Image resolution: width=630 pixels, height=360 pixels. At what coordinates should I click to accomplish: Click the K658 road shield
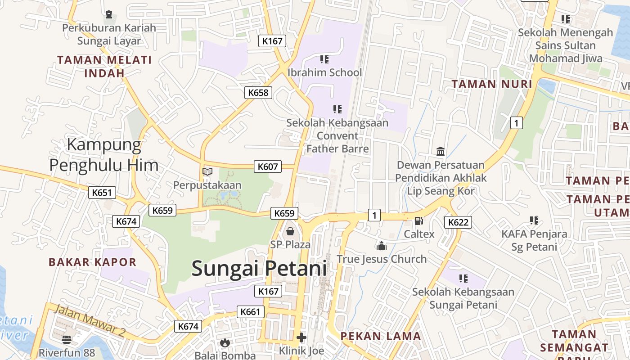[258, 93]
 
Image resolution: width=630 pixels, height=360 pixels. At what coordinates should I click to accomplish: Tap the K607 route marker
[268, 166]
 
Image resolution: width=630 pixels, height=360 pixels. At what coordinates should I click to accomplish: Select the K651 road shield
[102, 193]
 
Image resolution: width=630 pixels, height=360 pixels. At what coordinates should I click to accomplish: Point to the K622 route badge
[459, 222]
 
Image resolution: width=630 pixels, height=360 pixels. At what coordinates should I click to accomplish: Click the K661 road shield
[251, 311]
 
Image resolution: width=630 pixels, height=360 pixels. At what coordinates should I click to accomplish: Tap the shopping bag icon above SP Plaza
[291, 232]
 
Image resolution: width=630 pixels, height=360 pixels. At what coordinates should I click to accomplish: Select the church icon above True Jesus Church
[382, 246]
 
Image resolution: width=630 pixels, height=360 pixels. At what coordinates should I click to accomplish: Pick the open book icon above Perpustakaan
[207, 171]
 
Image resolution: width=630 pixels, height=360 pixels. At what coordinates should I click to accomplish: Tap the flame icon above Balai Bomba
[225, 342]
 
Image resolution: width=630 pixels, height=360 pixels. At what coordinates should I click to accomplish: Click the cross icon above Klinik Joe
[301, 337]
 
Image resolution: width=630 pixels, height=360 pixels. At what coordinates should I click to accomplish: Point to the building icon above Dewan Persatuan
[441, 152]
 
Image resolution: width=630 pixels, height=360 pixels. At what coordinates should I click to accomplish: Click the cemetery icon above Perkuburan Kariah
[109, 14]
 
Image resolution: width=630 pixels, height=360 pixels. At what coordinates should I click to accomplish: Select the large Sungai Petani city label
[259, 269]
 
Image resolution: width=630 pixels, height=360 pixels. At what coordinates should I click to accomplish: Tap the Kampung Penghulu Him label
[103, 155]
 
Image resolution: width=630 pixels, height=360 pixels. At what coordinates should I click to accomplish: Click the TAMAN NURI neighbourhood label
[492, 84]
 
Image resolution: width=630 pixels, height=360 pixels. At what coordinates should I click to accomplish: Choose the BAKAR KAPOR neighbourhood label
[92, 262]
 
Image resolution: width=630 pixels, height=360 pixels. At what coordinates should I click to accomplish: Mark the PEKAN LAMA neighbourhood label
[381, 336]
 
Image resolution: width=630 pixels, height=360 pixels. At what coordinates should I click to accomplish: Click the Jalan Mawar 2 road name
[90, 320]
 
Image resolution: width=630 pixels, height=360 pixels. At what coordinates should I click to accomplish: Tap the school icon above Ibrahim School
[324, 59]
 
